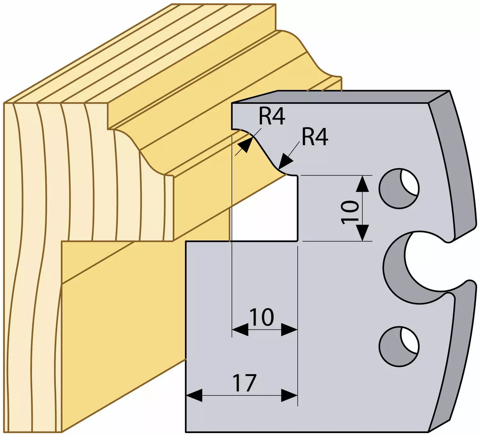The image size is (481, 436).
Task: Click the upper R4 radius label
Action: coord(272,117)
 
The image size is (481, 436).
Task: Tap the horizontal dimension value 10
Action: coord(262,317)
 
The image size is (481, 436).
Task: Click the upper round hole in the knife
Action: coord(399,188)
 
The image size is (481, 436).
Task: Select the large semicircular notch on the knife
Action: coord(408,266)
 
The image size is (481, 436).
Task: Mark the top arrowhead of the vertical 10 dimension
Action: coord(362,184)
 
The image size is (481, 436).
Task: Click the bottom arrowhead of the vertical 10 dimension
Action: coord(362,233)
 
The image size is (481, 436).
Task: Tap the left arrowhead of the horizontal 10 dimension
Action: coord(240,330)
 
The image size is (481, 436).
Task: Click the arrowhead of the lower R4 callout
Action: coord(285,162)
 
